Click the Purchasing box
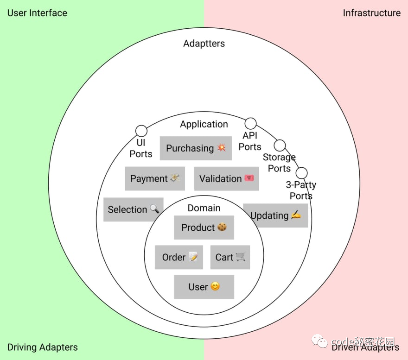[x=196, y=148]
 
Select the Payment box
[x=155, y=179]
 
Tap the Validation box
[x=226, y=179]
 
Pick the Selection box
[x=133, y=209]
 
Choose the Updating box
[x=275, y=215]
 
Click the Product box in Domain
[x=204, y=227]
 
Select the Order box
[x=179, y=257]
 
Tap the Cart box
[x=230, y=257]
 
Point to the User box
[x=204, y=287]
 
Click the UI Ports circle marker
[x=141, y=131]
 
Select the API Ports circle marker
[x=250, y=123]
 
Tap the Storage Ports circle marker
[x=280, y=145]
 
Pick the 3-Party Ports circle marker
[x=302, y=173]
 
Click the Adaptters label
[x=204, y=44]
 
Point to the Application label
[x=204, y=124]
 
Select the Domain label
[x=204, y=208]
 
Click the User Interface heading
[x=37, y=13]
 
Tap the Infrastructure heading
[x=371, y=13]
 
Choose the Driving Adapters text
[x=43, y=347]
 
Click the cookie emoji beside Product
[x=222, y=227]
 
